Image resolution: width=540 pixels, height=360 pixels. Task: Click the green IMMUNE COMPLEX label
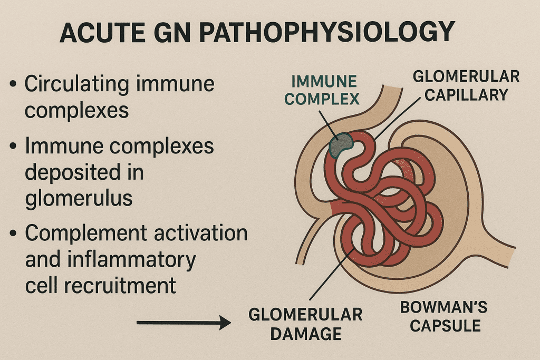(x=324, y=90)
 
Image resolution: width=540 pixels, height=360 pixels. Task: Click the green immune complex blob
(x=342, y=143)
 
